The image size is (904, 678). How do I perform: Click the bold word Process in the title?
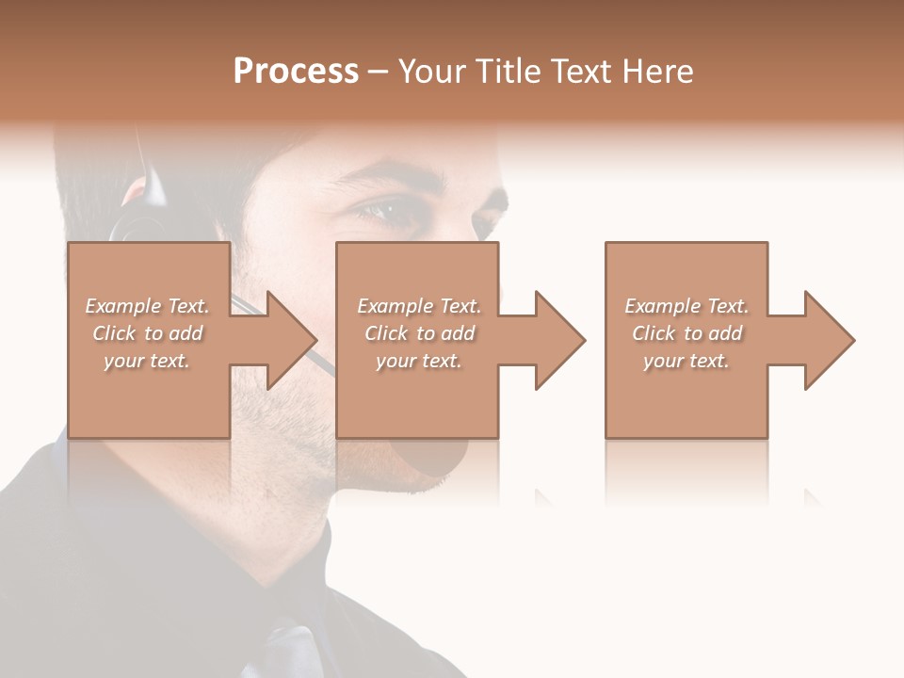pyautogui.click(x=296, y=71)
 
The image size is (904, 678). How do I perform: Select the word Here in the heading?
pyautogui.click(x=658, y=71)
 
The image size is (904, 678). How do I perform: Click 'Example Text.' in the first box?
pyautogui.click(x=147, y=306)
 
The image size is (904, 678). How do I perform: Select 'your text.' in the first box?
pyautogui.click(x=147, y=361)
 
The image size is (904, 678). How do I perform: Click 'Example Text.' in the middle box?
pyautogui.click(x=419, y=306)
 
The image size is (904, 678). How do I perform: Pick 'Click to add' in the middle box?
pyautogui.click(x=419, y=333)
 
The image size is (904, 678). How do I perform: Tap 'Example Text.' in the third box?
pyautogui.click(x=686, y=306)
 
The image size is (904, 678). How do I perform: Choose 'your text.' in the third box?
pyautogui.click(x=686, y=361)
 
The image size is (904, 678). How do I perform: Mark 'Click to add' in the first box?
pyautogui.click(x=147, y=333)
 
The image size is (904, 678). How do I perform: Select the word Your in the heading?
pyautogui.click(x=431, y=71)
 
